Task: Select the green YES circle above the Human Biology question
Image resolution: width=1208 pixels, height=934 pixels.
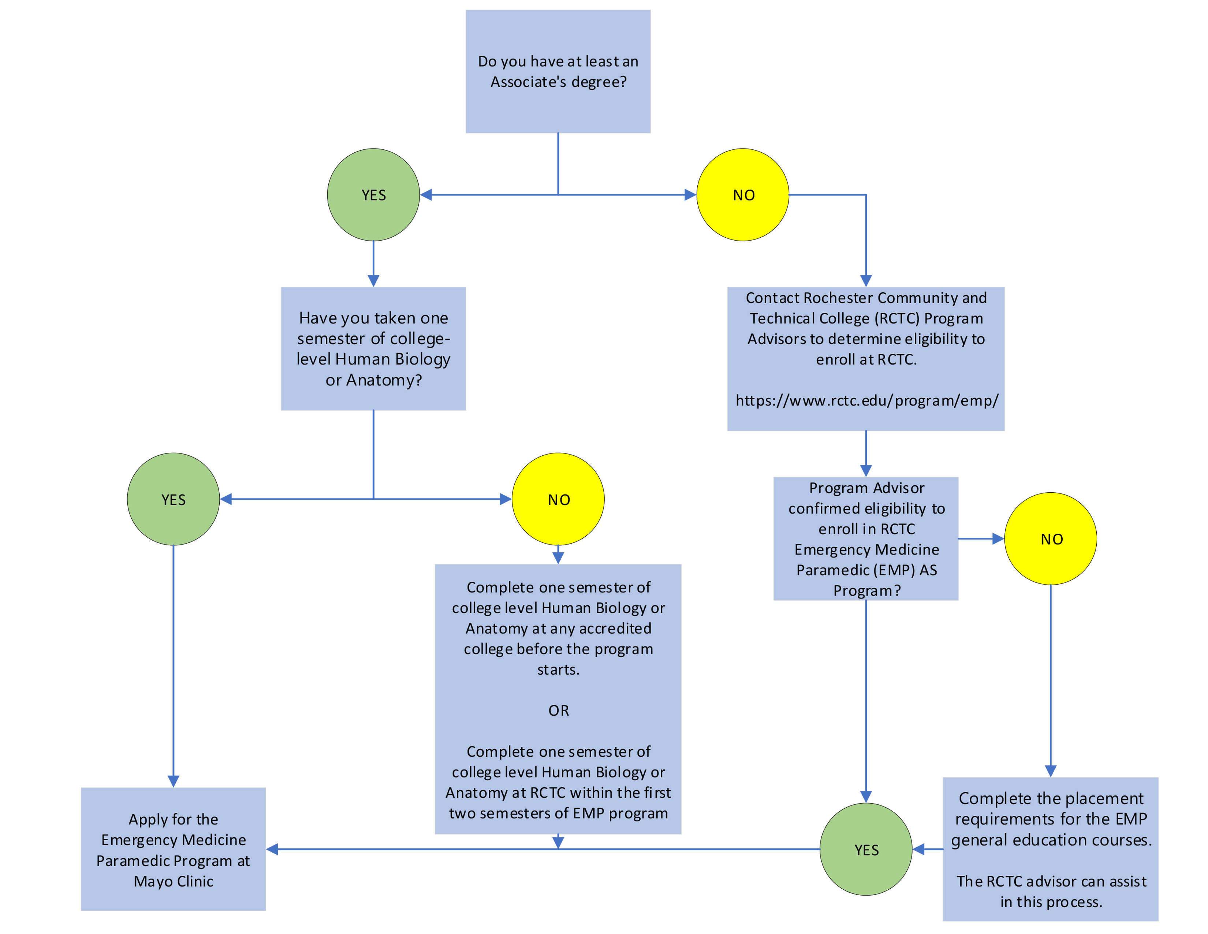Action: tap(373, 195)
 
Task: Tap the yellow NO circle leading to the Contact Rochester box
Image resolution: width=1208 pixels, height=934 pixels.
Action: tap(743, 195)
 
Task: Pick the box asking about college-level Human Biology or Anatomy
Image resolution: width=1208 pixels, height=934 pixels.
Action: tap(373, 349)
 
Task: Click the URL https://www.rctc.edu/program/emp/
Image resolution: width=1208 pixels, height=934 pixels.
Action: tap(866, 401)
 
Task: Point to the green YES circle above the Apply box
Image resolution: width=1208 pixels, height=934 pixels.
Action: tap(173, 499)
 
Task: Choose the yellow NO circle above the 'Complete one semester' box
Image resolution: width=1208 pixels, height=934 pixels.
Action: tap(558, 499)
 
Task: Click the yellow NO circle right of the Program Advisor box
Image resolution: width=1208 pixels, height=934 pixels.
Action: tap(1050, 538)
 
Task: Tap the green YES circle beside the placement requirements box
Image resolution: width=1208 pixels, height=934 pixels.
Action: tap(866, 849)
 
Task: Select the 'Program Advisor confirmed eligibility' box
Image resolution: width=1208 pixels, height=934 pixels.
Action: tap(866, 538)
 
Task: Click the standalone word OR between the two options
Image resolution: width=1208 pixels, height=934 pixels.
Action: tap(558, 711)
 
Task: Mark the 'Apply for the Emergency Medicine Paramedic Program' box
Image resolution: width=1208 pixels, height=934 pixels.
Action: tap(173, 849)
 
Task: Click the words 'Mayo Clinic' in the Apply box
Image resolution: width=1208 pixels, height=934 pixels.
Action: tap(173, 881)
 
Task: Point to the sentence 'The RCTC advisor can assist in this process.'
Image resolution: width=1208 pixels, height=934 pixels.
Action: tap(1051, 892)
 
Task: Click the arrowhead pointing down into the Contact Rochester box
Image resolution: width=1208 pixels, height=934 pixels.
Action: tap(866, 281)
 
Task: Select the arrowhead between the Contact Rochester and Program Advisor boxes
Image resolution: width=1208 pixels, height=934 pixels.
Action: tap(866, 470)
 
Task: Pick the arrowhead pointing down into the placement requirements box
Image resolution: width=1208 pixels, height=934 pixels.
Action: tap(1050, 771)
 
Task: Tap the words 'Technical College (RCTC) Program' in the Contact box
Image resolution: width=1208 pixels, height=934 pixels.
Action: tap(866, 318)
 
